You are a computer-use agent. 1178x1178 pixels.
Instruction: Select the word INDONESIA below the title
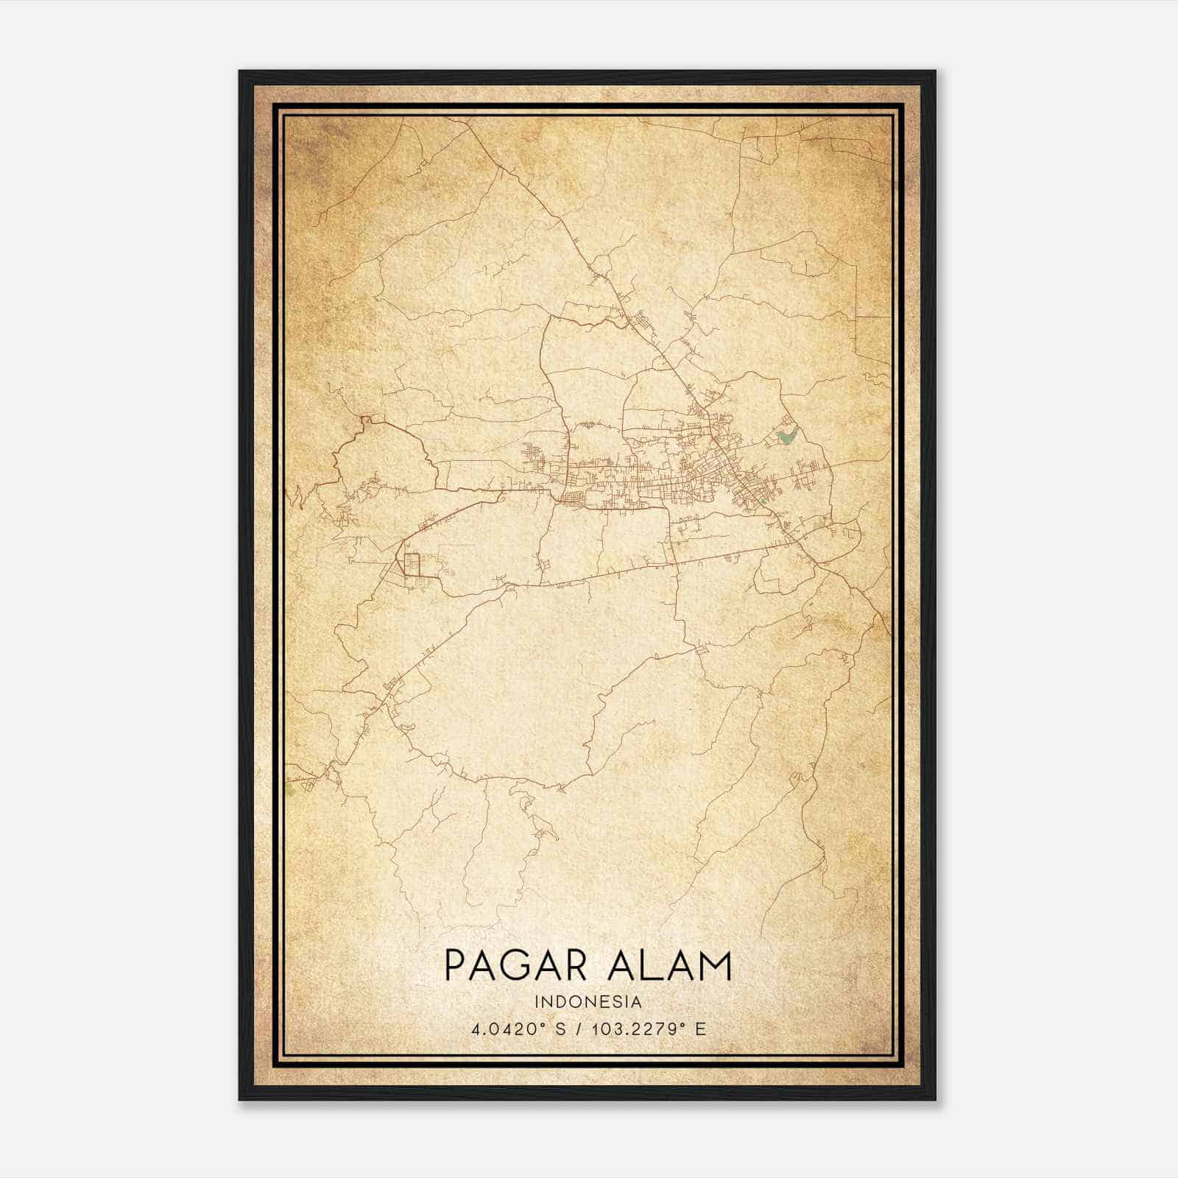(588, 1002)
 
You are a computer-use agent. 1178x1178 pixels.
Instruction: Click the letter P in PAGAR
(456, 966)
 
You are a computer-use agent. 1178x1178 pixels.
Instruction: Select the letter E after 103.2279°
(701, 1029)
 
